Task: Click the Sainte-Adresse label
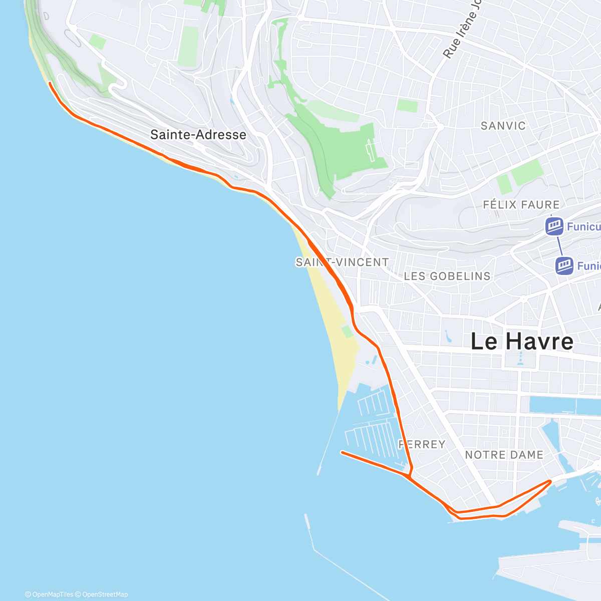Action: pyautogui.click(x=198, y=135)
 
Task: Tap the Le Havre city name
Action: pyautogui.click(x=522, y=342)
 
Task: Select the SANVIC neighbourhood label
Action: pyautogui.click(x=503, y=126)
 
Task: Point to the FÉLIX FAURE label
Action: pyautogui.click(x=521, y=204)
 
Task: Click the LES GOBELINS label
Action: pyautogui.click(x=447, y=276)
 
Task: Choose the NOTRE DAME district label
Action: pyautogui.click(x=504, y=455)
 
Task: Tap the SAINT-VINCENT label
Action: pyautogui.click(x=342, y=262)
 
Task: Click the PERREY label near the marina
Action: pyautogui.click(x=422, y=444)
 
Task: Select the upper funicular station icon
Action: pyautogui.click(x=554, y=226)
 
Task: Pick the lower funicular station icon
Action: pyautogui.click(x=564, y=265)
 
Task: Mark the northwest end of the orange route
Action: pyautogui.click(x=50, y=84)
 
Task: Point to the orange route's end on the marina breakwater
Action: pyautogui.click(x=342, y=452)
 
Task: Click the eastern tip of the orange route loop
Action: pyautogui.click(x=550, y=481)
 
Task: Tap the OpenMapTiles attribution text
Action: pyautogui.click(x=49, y=594)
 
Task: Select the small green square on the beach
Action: pyautogui.click(x=347, y=331)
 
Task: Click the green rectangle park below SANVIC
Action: pyautogui.click(x=527, y=172)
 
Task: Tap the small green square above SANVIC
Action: pyautogui.click(x=407, y=105)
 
